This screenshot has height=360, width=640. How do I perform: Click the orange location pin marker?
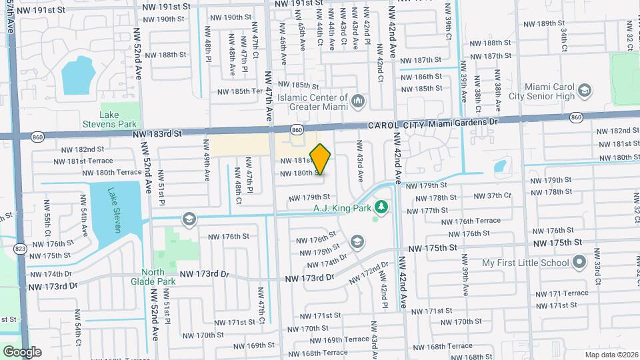[321, 159]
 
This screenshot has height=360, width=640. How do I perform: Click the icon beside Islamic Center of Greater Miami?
[359, 101]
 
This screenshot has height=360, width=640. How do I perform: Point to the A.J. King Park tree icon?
[381, 207]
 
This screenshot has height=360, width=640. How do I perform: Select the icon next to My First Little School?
[579, 262]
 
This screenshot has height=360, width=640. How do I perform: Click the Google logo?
[22, 351]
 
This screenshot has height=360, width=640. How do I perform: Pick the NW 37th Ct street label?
[492, 196]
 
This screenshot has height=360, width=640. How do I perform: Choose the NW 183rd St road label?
[157, 134]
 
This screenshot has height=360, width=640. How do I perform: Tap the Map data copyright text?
[611, 354]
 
